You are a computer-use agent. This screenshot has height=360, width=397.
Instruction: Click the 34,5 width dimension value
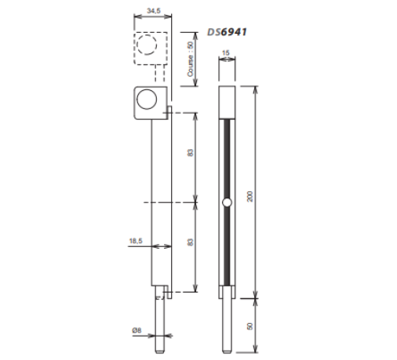pos(154,11)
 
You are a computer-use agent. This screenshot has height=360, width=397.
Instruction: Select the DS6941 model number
pos(227,32)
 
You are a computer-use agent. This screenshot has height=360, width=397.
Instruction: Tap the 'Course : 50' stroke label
pos(191,59)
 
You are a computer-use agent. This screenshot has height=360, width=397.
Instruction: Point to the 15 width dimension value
pos(225,53)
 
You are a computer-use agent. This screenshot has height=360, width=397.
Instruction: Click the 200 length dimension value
pos(250,196)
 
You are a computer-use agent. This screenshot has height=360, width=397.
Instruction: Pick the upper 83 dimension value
pos(190,153)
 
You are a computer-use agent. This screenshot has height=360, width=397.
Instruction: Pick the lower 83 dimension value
pos(190,242)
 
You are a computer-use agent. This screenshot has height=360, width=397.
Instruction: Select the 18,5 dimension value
pos(136,241)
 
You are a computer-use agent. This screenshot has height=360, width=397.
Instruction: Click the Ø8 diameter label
pos(137,330)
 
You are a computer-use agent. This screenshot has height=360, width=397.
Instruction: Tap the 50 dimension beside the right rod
pos(250,326)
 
